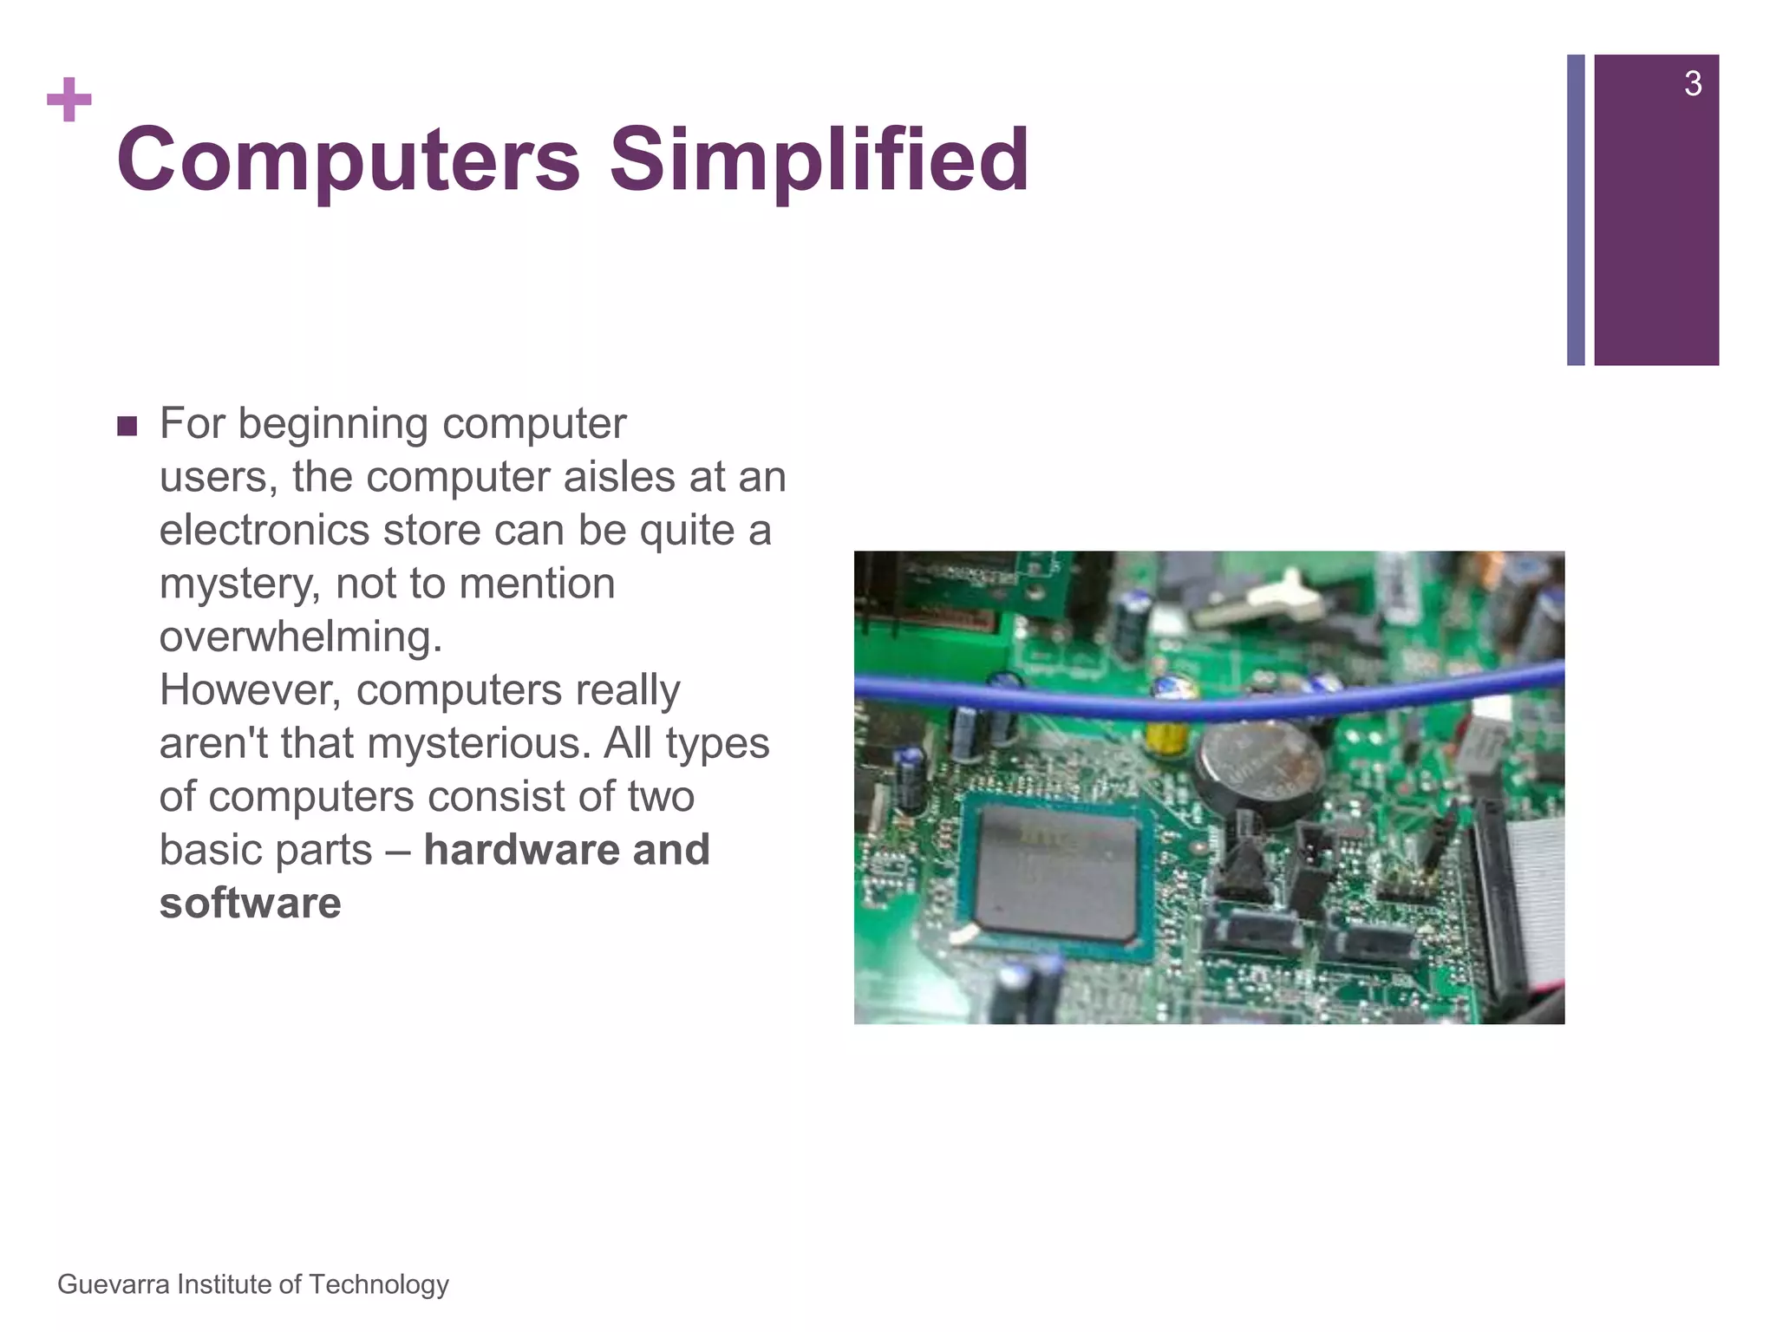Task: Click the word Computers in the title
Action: pos(348,160)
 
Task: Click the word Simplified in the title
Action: pos(819,160)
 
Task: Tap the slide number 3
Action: pos(1692,84)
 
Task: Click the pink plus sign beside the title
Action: pos(69,101)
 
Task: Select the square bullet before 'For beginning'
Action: pos(127,427)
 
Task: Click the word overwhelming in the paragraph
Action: pos(300,637)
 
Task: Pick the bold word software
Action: pos(250,904)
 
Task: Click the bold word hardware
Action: pos(519,850)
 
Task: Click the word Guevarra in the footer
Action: pos(113,1284)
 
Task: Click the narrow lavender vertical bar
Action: pos(1576,210)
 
